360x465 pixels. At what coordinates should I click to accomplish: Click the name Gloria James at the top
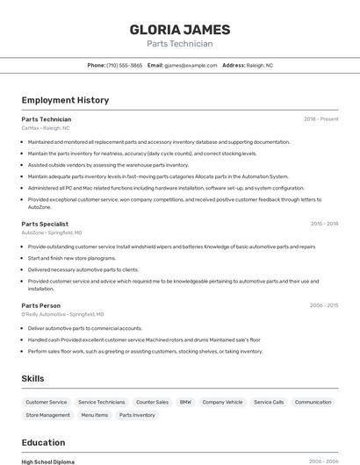pos(180,29)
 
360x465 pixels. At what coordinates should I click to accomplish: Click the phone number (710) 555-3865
pos(124,65)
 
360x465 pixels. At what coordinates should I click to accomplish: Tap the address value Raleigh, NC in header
pos(260,65)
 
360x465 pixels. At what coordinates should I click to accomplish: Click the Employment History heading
pos(65,100)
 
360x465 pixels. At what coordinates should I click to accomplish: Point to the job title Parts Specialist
pos(45,224)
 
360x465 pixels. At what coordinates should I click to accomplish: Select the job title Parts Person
pos(41,305)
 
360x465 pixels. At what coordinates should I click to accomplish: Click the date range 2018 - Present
pos(320,118)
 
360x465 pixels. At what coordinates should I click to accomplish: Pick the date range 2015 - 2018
pos(324,224)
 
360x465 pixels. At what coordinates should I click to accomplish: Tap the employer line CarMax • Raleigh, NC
pos(46,127)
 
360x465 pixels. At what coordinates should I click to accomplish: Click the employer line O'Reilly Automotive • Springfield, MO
pos(62,314)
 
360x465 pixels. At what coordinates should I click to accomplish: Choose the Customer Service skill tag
pos(46,402)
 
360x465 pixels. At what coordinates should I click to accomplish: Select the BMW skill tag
pos(185,402)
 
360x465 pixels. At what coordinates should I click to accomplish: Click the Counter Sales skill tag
pos(152,402)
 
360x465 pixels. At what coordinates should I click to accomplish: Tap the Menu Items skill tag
pos(94,415)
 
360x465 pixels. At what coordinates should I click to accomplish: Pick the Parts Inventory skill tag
pos(137,415)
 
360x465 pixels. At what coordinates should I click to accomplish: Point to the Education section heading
pos(43,442)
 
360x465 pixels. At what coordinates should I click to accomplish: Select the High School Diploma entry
pos(48,461)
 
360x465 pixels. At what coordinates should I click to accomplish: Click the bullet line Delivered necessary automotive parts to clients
pos(83,269)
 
